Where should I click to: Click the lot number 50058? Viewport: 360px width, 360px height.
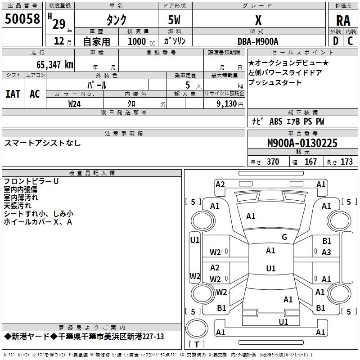point(22,19)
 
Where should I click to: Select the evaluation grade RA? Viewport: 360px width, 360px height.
point(343,20)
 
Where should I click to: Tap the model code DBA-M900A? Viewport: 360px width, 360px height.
point(258,41)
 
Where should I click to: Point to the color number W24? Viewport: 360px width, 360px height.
point(74,103)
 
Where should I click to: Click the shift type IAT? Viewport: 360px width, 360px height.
point(13,94)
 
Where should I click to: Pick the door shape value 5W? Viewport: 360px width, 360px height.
point(175,20)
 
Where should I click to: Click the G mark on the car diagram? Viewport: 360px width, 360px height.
point(284,237)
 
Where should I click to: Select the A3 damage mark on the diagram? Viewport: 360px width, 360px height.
point(326,252)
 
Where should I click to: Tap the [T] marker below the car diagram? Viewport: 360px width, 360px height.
point(197,345)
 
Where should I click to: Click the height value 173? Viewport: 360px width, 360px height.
point(346,162)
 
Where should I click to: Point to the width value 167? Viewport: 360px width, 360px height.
point(310,162)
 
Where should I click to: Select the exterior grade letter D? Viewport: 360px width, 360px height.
point(335,40)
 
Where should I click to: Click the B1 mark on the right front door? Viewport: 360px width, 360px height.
point(327,242)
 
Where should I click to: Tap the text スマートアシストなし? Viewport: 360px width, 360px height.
point(43,143)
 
